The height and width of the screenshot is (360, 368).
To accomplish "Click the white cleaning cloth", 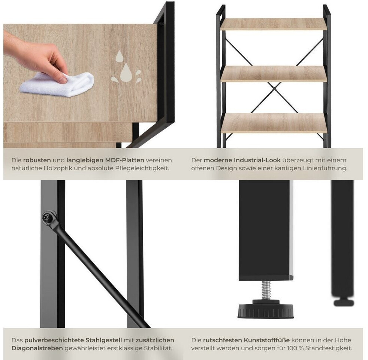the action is [x=57, y=84].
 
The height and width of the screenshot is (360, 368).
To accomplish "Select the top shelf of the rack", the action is [x=274, y=24].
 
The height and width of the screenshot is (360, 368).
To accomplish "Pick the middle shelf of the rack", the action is [x=274, y=74].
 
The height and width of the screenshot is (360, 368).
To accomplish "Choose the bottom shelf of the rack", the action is [x=274, y=123].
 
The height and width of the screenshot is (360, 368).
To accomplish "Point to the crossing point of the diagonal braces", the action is [x=274, y=89].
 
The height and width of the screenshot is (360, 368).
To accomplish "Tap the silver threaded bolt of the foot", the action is [x=266, y=290].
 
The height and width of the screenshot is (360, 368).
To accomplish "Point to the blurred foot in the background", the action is [x=344, y=303].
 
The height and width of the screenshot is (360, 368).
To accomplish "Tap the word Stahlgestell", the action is [x=103, y=340].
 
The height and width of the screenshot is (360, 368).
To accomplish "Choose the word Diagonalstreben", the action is [x=37, y=348].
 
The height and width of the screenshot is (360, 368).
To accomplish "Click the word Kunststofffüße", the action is [x=266, y=340].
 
